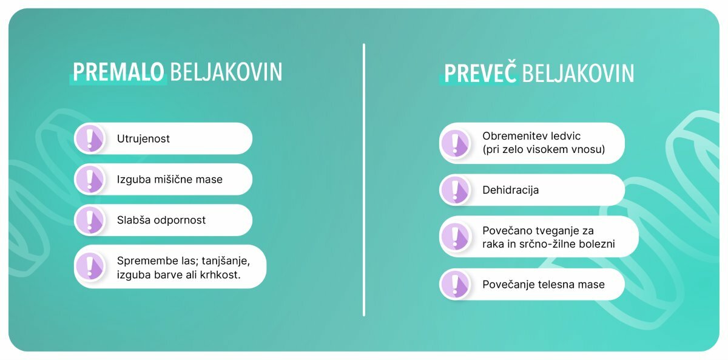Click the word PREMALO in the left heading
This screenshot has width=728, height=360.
(x=118, y=72)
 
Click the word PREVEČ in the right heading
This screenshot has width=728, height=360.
(x=480, y=72)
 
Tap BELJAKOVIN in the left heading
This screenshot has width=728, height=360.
(x=226, y=72)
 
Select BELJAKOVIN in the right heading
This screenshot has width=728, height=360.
(x=578, y=73)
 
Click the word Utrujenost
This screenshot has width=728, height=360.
(x=143, y=139)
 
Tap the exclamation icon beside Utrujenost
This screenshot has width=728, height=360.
(x=90, y=138)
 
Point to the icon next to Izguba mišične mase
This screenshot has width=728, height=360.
(x=90, y=179)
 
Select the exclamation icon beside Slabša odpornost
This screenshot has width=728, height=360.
(x=90, y=220)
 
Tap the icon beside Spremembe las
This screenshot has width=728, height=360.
(x=90, y=267)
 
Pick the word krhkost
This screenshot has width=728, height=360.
(x=220, y=275)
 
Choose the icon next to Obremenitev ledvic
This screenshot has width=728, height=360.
(x=456, y=143)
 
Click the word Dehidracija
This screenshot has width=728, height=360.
(x=511, y=190)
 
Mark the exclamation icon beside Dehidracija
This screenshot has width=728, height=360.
(x=456, y=190)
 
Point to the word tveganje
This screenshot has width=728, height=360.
(x=557, y=231)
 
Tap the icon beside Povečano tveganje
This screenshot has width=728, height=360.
(x=456, y=236)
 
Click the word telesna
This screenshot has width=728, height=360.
(x=557, y=285)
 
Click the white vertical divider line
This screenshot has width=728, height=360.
(x=364, y=180)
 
